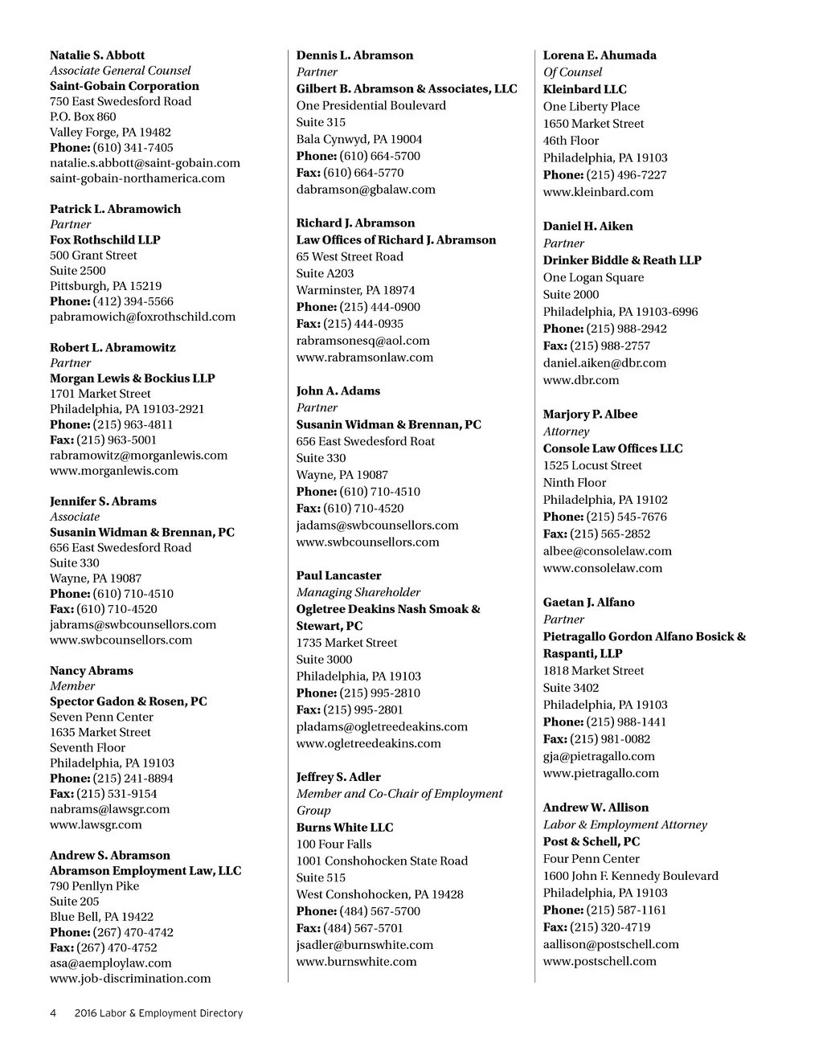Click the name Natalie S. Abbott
point(97,55)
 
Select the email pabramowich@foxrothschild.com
point(142,317)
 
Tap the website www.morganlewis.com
point(114,471)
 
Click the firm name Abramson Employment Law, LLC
point(145,871)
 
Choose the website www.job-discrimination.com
point(130,979)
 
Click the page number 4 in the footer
point(53,1013)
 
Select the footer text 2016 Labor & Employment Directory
point(158,1013)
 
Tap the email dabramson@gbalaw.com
point(366,190)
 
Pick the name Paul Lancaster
point(338,575)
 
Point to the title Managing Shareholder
point(358,592)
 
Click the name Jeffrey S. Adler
point(338,777)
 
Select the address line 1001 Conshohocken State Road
point(382,861)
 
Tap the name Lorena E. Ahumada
point(600,55)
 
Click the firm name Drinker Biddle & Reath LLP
point(622,260)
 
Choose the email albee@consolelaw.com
point(607,551)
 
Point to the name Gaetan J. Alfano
point(588,603)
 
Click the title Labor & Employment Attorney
point(624,824)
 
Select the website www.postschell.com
point(600,961)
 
